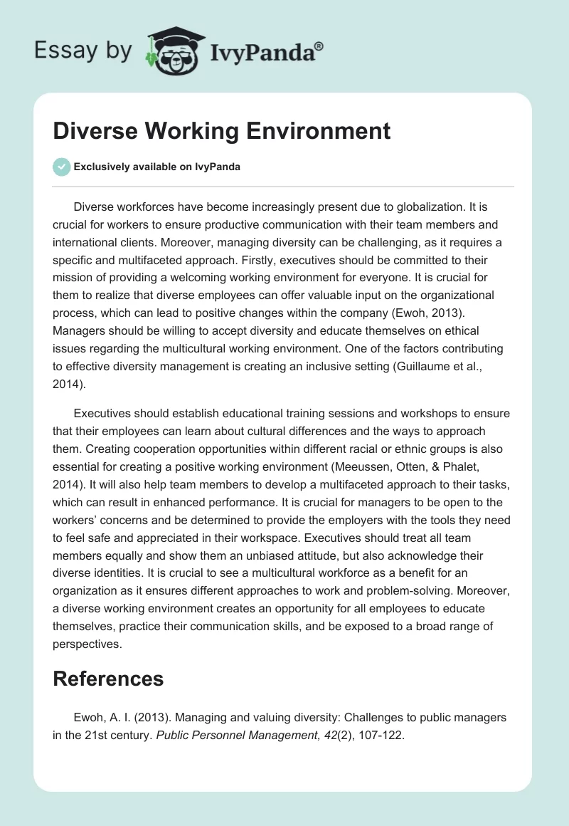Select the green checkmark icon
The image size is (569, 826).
[62, 167]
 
